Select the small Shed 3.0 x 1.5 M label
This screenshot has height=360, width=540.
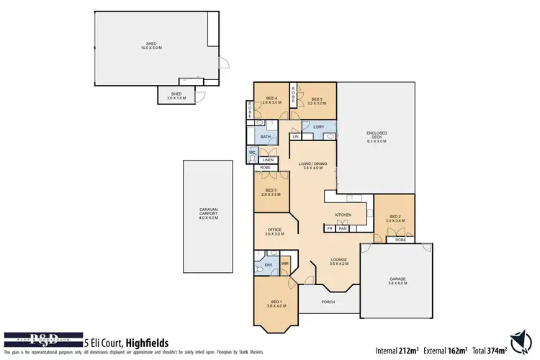pyautogui.click(x=176, y=96)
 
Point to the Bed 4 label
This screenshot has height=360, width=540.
pyautogui.click(x=271, y=100)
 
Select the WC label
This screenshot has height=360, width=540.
pyautogui.click(x=252, y=153)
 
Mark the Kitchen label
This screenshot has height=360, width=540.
pyautogui.click(x=343, y=215)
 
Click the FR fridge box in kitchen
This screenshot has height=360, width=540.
pyautogui.click(x=330, y=228)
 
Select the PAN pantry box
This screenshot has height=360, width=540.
pyautogui.click(x=343, y=228)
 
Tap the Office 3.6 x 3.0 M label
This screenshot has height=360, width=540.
pyautogui.click(x=274, y=232)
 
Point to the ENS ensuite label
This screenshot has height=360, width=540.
pyautogui.click(x=268, y=265)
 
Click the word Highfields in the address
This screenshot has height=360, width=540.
pyautogui.click(x=146, y=343)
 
